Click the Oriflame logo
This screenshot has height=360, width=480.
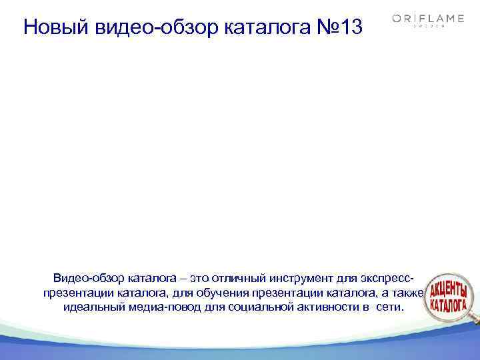(x=428, y=19)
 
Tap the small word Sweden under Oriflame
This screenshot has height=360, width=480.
(x=428, y=27)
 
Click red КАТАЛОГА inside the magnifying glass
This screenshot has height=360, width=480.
(x=448, y=307)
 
